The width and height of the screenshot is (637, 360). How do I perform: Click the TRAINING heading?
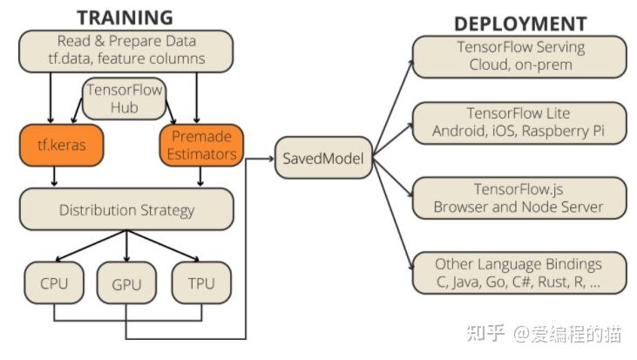[125, 17]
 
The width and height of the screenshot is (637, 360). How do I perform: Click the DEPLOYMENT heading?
[520, 23]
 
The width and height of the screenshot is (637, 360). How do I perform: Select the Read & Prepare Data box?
[126, 51]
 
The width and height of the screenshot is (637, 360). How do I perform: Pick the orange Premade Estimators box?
[201, 146]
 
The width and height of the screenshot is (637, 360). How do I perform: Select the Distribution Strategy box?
[126, 210]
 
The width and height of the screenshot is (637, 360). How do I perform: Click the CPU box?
[54, 283]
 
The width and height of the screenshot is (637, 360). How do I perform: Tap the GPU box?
[127, 283]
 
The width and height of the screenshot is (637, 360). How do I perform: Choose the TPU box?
[201, 283]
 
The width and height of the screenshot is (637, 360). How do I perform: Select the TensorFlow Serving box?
[520, 56]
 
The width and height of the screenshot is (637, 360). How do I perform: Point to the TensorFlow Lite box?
[520, 122]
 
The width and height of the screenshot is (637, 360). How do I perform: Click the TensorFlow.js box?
[520, 198]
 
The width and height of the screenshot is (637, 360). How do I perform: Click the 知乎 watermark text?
[485, 334]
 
